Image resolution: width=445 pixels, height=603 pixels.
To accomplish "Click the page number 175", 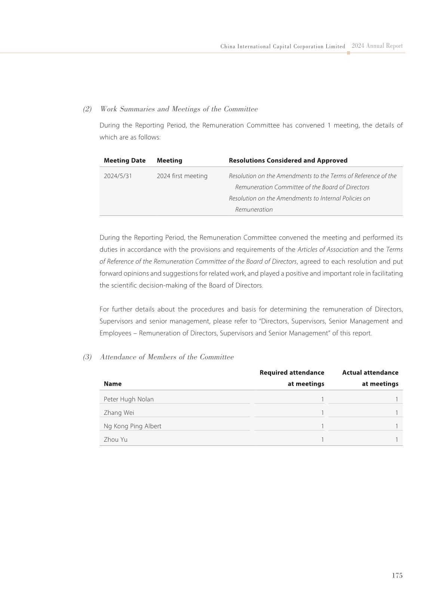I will pos(397,575).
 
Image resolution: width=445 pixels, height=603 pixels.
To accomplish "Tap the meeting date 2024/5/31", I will pos(118,176).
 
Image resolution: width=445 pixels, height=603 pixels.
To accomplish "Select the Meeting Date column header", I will pos(125,161).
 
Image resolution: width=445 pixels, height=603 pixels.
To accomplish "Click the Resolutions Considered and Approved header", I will pos(288,161).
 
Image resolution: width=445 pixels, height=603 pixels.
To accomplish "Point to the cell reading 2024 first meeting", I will pos(182,176).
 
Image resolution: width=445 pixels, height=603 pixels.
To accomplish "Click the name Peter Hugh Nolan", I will pos(129,399).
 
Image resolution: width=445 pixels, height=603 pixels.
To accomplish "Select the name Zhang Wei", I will pos(119,413).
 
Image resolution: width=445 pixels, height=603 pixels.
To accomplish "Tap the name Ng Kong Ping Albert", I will pos(132,426).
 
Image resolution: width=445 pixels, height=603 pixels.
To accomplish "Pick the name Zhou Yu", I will pos(116,439).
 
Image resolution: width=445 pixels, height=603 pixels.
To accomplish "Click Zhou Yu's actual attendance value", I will pos(397,439).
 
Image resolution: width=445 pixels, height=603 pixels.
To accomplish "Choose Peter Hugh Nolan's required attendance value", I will pos(322,399).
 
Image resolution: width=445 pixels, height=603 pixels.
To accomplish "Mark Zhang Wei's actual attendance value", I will pos(397,413).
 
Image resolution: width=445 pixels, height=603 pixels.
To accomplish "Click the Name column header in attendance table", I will pos(113,384).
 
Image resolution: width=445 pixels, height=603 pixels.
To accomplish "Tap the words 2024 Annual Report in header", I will pos(377,46).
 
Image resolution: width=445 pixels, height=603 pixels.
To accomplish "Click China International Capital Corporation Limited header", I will pos(283,47).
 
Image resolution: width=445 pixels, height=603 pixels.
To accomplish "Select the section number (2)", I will pos(87,109).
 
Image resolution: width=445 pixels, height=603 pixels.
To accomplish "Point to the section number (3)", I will pos(87,357).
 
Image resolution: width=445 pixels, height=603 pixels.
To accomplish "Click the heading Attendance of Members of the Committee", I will pos(167,357).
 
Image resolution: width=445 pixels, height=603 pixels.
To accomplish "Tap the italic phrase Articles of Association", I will pos(328,249).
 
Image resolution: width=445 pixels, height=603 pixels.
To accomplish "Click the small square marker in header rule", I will pos(349,53).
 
